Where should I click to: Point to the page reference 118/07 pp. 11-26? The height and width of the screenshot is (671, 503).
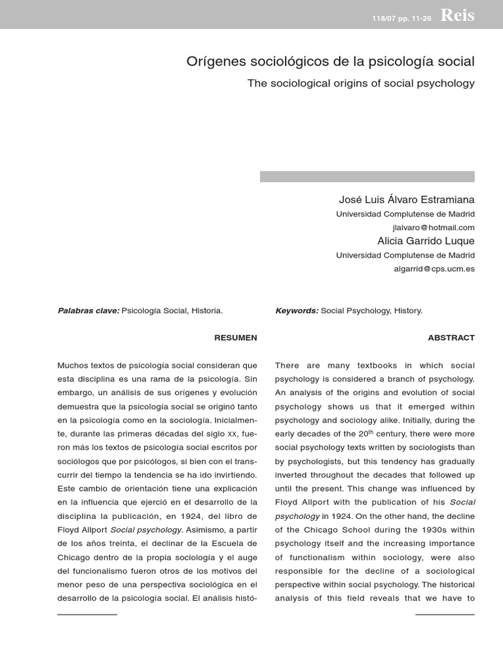(401, 18)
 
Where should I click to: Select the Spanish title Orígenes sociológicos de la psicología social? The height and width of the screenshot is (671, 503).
(330, 62)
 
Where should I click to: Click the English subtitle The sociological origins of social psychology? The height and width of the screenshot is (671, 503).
(360, 83)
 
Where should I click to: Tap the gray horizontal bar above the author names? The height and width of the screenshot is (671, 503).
(367, 176)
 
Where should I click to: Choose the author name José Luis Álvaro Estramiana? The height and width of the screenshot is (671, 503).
(406, 199)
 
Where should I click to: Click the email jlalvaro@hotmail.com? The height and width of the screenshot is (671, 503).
(433, 227)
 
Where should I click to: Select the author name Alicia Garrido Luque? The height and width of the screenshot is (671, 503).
(426, 241)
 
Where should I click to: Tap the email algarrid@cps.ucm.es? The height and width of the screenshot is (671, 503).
(434, 269)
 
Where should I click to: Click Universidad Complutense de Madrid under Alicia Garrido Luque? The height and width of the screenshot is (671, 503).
(405, 256)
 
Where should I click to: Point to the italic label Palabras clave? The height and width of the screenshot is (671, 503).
(88, 311)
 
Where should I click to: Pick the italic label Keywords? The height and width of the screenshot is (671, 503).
(297, 311)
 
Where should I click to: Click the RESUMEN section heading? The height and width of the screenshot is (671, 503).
(235, 337)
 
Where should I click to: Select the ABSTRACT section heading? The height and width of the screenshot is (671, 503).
(451, 337)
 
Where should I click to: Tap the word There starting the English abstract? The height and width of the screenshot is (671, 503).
(288, 365)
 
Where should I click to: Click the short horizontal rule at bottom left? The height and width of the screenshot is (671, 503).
(87, 614)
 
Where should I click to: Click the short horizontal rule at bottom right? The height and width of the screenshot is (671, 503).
(445, 614)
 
